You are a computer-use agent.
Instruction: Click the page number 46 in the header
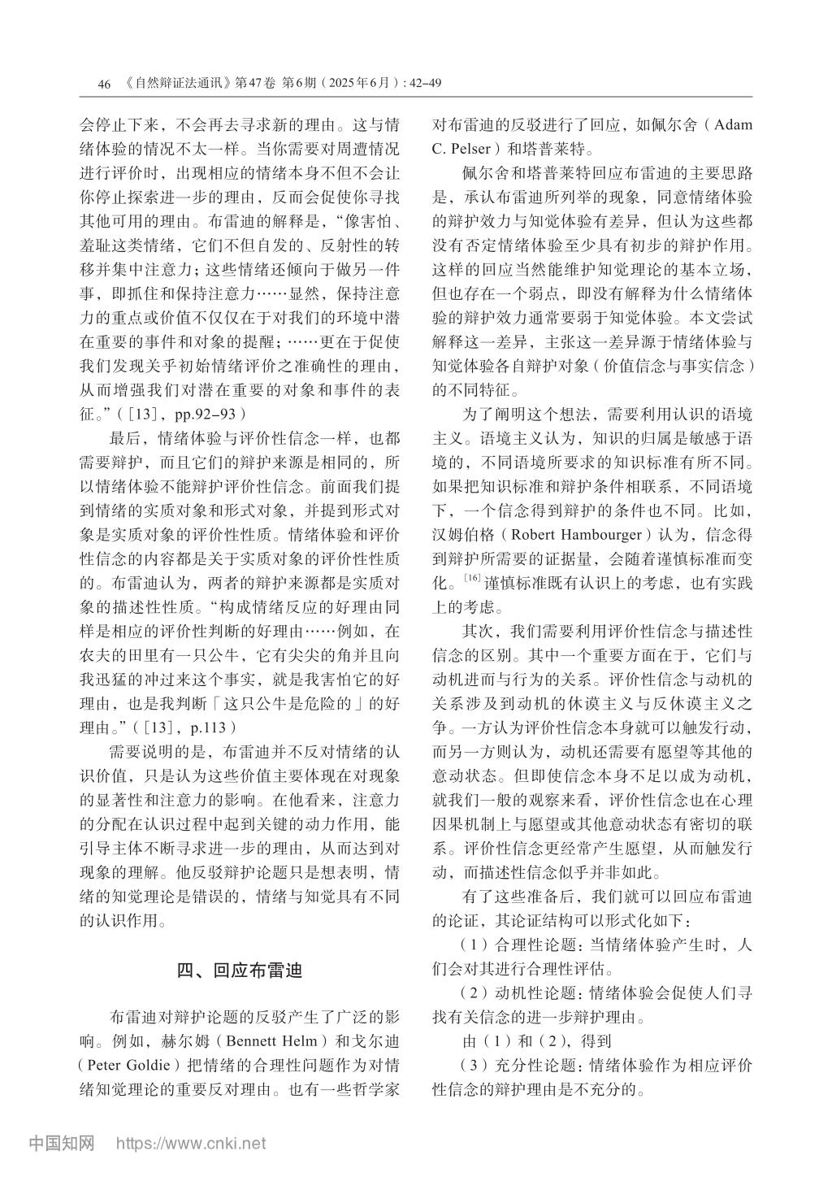102,83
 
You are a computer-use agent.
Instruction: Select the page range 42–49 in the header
422,83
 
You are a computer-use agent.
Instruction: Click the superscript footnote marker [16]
471,579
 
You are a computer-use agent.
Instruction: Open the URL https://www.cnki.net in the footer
191,1144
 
